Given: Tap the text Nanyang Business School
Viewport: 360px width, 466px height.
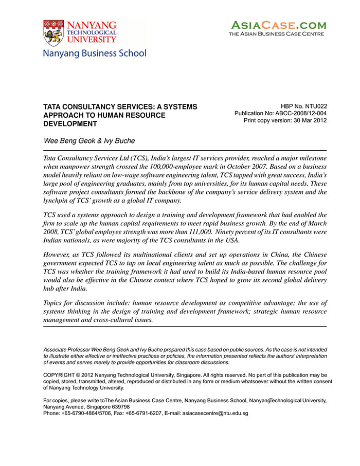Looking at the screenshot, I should coord(94,53).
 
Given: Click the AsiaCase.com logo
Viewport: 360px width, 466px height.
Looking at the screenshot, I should coord(278,25).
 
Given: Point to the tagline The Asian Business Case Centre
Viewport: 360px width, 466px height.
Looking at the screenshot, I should coord(276,34).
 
